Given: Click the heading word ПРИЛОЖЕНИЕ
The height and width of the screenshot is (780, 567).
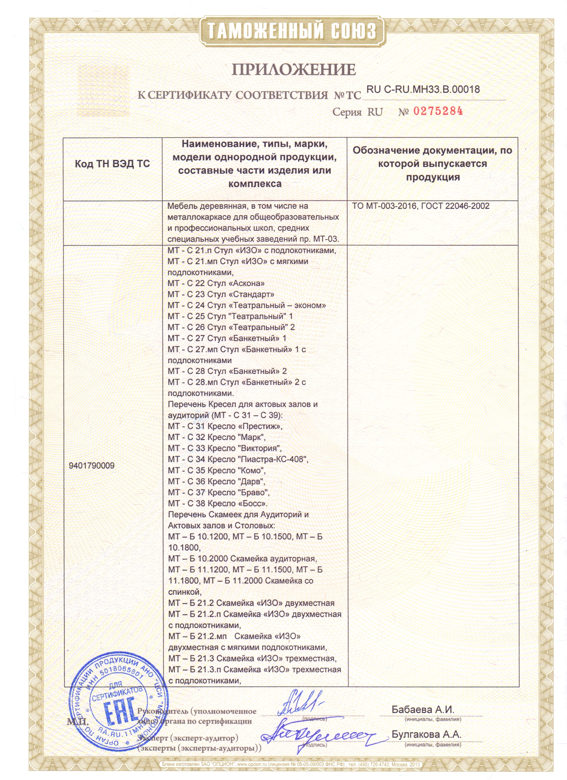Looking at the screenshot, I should pos(294,70).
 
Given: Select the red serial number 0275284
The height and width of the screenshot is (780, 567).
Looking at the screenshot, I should pos(438,111).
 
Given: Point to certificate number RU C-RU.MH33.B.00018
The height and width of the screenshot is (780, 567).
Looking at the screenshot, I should pos(423,89).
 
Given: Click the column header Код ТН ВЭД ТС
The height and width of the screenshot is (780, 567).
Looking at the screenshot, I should pos(112,164).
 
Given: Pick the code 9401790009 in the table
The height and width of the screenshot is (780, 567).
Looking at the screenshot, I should pos(91,466).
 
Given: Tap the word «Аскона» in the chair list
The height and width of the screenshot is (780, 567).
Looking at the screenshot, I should pos(246,283).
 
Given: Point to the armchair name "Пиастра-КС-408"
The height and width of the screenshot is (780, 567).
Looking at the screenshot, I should pos(272,459).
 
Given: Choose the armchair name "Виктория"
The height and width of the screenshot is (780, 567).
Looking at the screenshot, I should pos(259,448).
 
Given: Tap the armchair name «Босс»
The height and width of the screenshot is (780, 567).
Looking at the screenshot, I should pos(252,503).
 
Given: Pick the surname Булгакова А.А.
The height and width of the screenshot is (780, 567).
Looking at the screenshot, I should pos(426,735).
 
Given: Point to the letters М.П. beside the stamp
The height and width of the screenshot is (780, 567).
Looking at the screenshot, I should pos(77,721).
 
